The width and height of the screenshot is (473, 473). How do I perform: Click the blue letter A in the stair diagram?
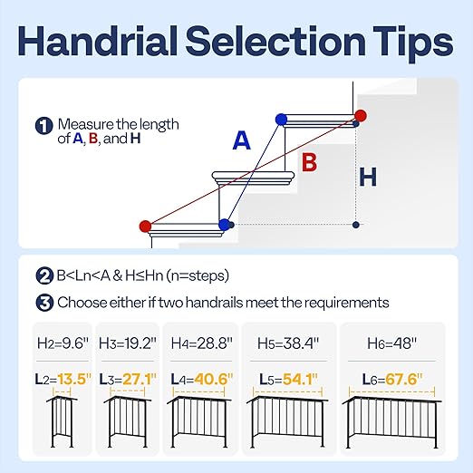tap(241, 140)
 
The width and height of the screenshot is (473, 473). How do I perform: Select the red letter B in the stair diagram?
tap(309, 162)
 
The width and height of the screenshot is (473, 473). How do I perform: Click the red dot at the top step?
tap(361, 116)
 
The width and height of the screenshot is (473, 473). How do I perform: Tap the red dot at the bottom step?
tap(146, 226)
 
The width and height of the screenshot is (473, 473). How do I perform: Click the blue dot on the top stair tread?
tap(281, 119)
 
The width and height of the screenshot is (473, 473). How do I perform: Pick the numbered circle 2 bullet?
tap(43, 276)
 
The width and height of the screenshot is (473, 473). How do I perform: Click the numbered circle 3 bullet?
tap(43, 302)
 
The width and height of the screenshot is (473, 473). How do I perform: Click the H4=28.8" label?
tap(200, 344)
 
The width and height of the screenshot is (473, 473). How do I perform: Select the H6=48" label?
tap(391, 344)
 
